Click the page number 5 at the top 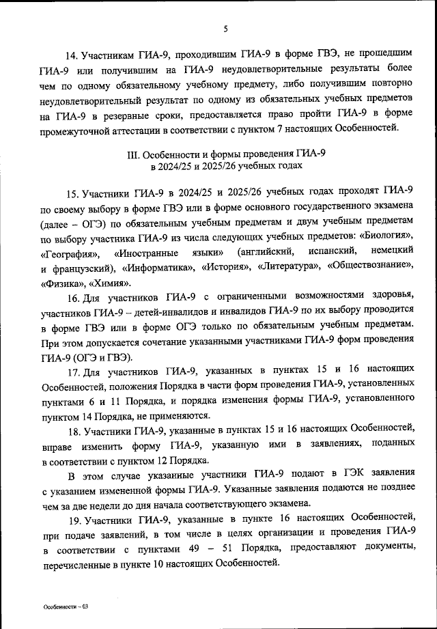[225, 29]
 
